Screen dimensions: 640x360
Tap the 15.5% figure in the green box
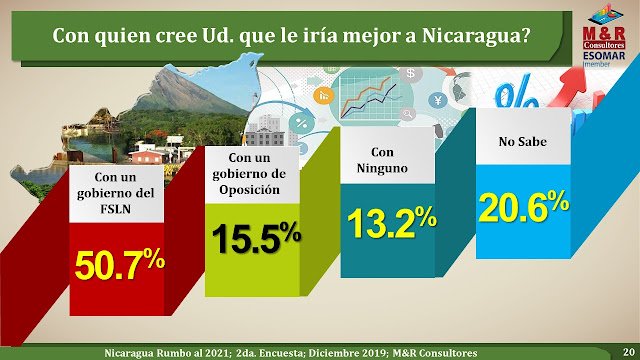[256, 238]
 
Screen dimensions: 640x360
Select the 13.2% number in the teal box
[392, 222]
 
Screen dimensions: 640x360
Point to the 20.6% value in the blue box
[524, 207]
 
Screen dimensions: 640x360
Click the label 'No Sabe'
[522, 142]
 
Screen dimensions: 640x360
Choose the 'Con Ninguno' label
[382, 160]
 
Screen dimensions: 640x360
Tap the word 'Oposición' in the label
[249, 190]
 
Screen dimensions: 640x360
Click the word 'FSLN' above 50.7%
[116, 209]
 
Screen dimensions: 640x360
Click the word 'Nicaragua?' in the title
[476, 36]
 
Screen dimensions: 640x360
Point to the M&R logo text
[604, 34]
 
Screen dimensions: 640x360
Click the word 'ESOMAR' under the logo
[604, 56]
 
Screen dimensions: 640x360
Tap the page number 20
[629, 351]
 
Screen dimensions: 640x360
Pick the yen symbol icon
[438, 100]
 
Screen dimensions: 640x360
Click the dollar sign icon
[411, 74]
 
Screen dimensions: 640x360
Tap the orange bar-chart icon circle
[324, 96]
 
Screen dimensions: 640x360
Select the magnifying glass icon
[407, 114]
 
